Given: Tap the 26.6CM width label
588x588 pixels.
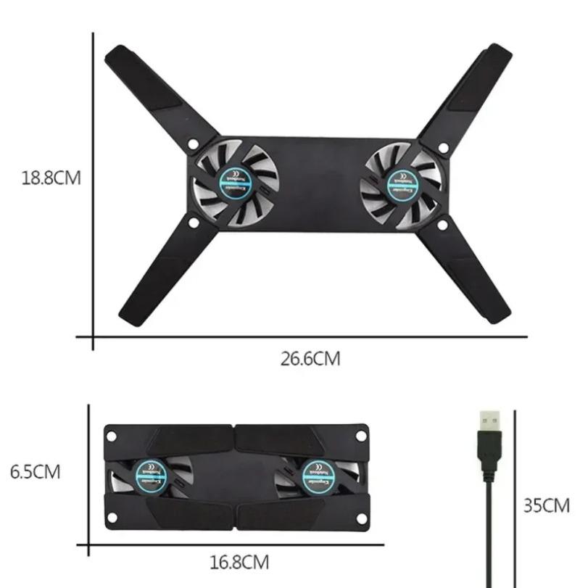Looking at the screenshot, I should (310, 358).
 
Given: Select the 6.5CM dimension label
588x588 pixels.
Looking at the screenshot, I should (35, 472).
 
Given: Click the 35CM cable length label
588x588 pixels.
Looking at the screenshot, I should (547, 505).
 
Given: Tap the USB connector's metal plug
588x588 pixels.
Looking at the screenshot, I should (490, 421).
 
